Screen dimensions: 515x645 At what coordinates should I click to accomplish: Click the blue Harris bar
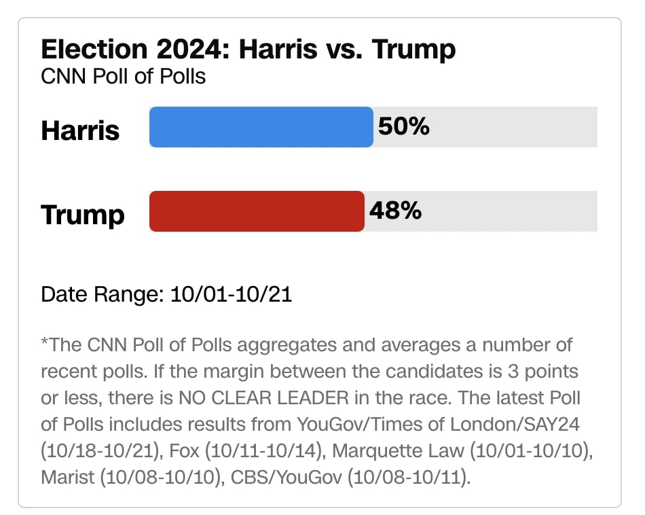tap(261, 127)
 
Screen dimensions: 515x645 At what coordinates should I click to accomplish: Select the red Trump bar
tap(257, 211)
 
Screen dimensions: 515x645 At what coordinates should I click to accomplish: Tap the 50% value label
tap(403, 126)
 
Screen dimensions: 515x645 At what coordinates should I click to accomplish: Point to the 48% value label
tap(395, 211)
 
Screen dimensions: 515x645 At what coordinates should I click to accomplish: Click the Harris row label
tap(80, 130)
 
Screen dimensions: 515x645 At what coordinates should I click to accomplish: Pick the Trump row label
tap(83, 215)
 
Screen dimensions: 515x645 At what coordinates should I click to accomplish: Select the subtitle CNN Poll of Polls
tap(123, 75)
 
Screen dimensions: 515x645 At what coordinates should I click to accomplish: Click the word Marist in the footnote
tap(69, 477)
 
